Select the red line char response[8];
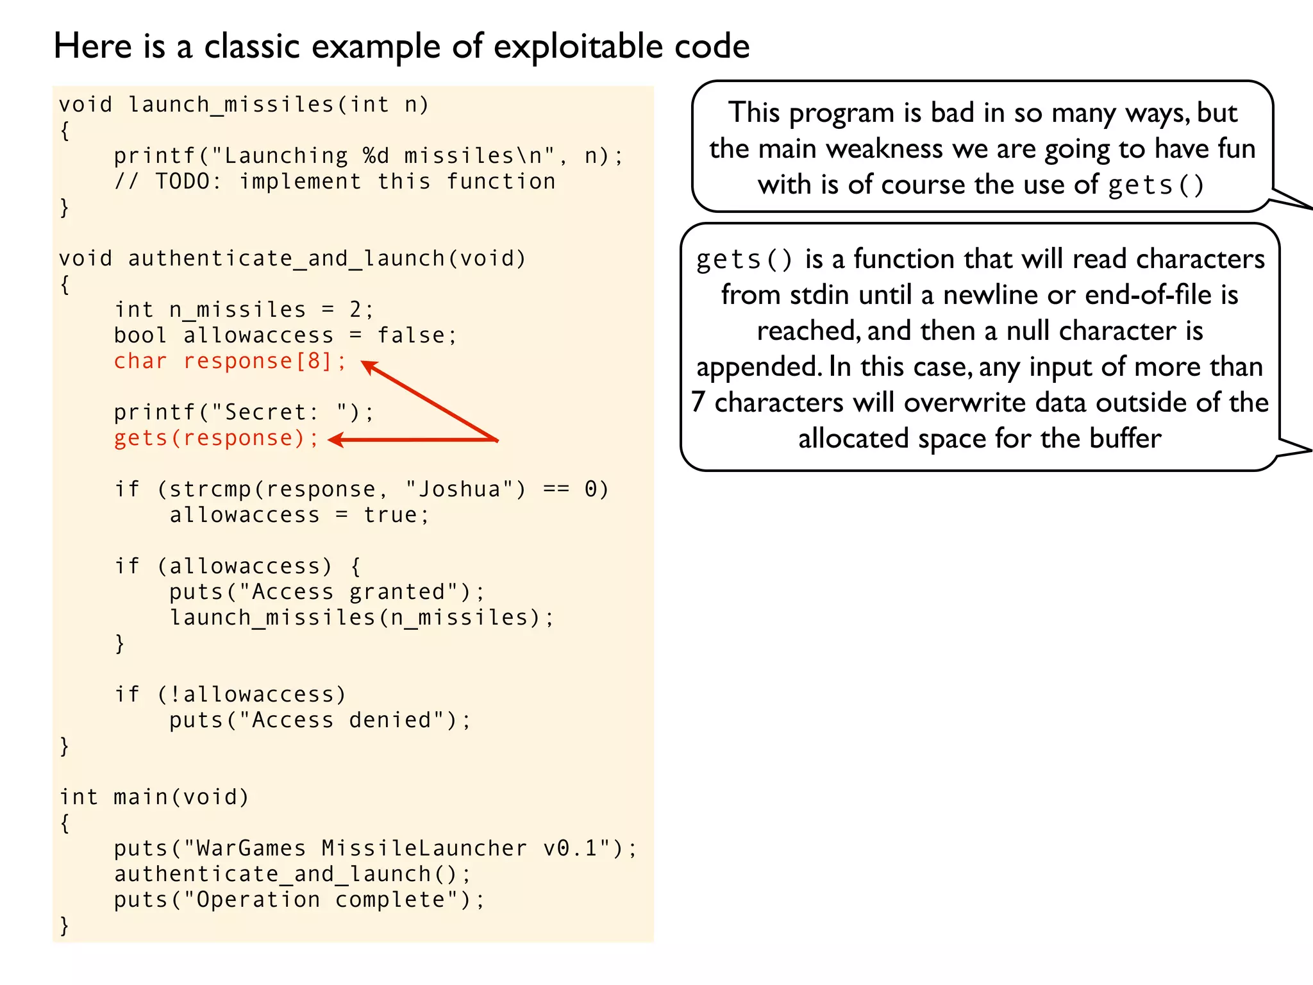click(x=230, y=361)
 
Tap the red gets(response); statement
click(x=216, y=438)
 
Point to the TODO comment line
click(x=335, y=181)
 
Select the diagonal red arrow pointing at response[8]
click(x=430, y=401)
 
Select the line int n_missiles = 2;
click(x=244, y=310)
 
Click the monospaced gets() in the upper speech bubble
click(x=1156, y=185)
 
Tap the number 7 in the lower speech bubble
click(x=698, y=403)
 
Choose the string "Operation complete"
click(x=321, y=900)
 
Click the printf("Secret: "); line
click(x=244, y=412)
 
